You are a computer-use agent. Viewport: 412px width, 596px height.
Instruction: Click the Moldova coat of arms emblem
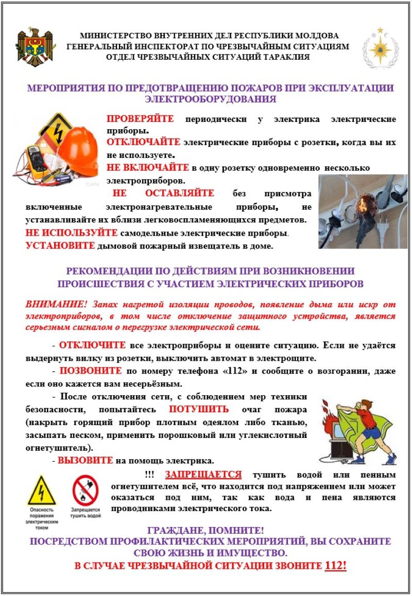(x=36, y=47)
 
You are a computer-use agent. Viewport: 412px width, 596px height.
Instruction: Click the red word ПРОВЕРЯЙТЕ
(x=140, y=119)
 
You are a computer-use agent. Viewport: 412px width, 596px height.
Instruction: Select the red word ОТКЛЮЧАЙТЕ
(x=143, y=142)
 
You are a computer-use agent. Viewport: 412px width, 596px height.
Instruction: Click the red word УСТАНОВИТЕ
(x=60, y=246)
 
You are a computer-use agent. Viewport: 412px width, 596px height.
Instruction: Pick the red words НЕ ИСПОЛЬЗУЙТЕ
(x=71, y=233)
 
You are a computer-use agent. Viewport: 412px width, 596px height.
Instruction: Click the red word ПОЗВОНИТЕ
(x=91, y=371)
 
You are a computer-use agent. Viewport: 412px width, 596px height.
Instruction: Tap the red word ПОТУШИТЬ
(x=199, y=410)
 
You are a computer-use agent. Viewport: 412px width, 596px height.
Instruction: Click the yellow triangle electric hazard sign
(x=42, y=490)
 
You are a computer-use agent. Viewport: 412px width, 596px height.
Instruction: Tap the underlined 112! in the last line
(x=336, y=566)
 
